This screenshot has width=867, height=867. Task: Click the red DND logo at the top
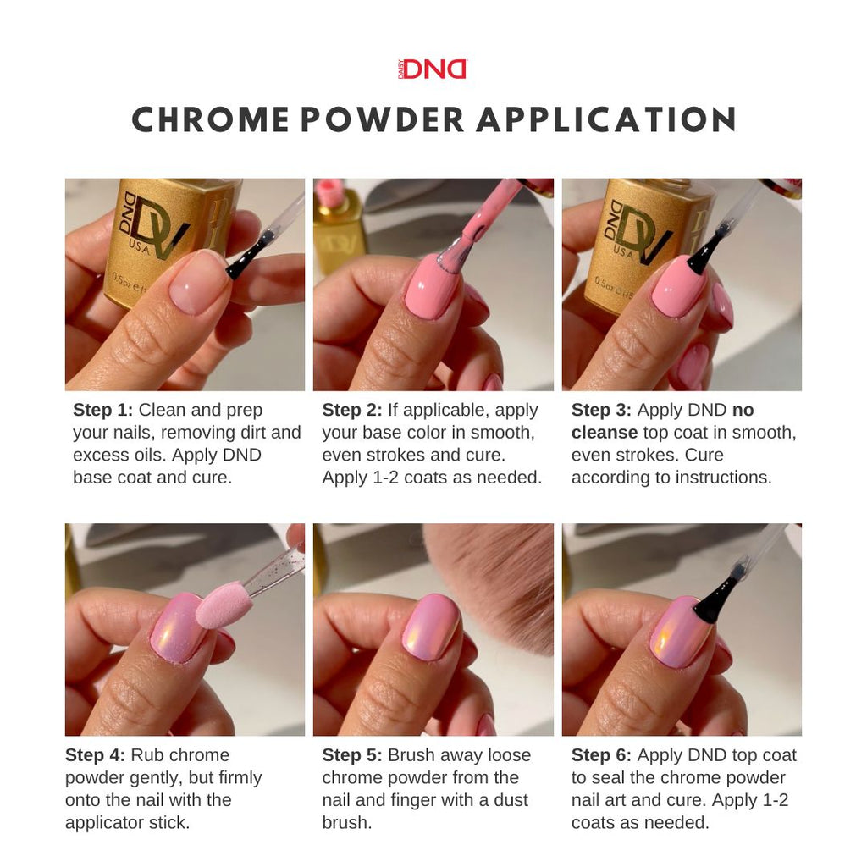pyautogui.click(x=433, y=69)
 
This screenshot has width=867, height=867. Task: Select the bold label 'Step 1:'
pyautogui.click(x=102, y=411)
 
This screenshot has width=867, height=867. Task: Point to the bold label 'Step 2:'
pyautogui.click(x=352, y=411)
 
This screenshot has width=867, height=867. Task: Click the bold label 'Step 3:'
pyautogui.click(x=601, y=411)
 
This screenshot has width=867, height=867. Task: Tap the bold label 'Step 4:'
pyautogui.click(x=95, y=755)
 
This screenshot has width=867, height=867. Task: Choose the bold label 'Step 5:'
pyautogui.click(x=352, y=755)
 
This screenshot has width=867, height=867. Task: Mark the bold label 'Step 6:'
pyautogui.click(x=601, y=755)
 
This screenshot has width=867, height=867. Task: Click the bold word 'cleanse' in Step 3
pyautogui.click(x=604, y=433)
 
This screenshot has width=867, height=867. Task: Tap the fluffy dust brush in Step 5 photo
pyautogui.click(x=500, y=584)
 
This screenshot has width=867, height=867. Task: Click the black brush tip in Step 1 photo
pyautogui.click(x=248, y=257)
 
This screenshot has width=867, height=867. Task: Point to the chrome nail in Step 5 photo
pyautogui.click(x=430, y=627)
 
